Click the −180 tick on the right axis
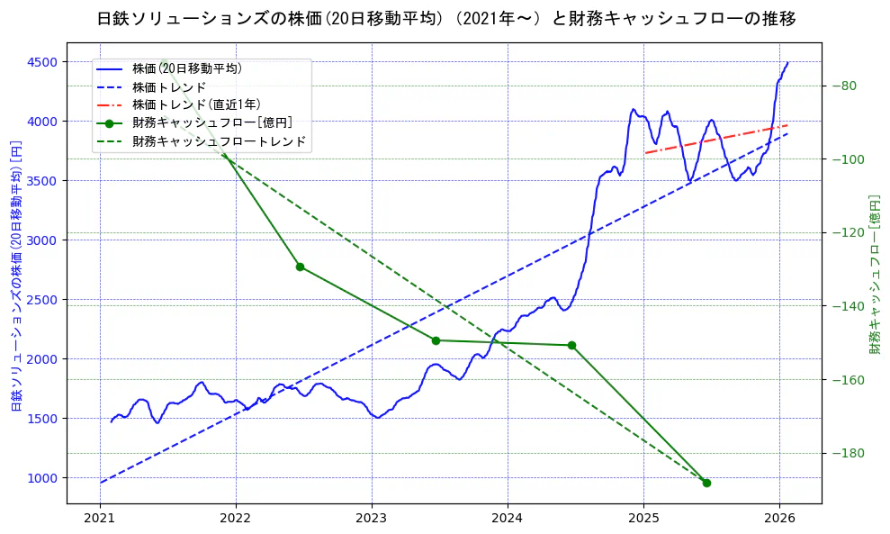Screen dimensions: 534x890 coord(845,454)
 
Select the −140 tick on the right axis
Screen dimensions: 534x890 coord(845,307)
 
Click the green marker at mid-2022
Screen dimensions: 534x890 coord(300,267)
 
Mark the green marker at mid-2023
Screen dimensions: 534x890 coord(436,340)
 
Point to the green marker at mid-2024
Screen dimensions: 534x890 coord(571,345)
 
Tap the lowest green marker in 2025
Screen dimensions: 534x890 coord(706,483)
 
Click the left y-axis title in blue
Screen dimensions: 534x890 coord(15,276)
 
